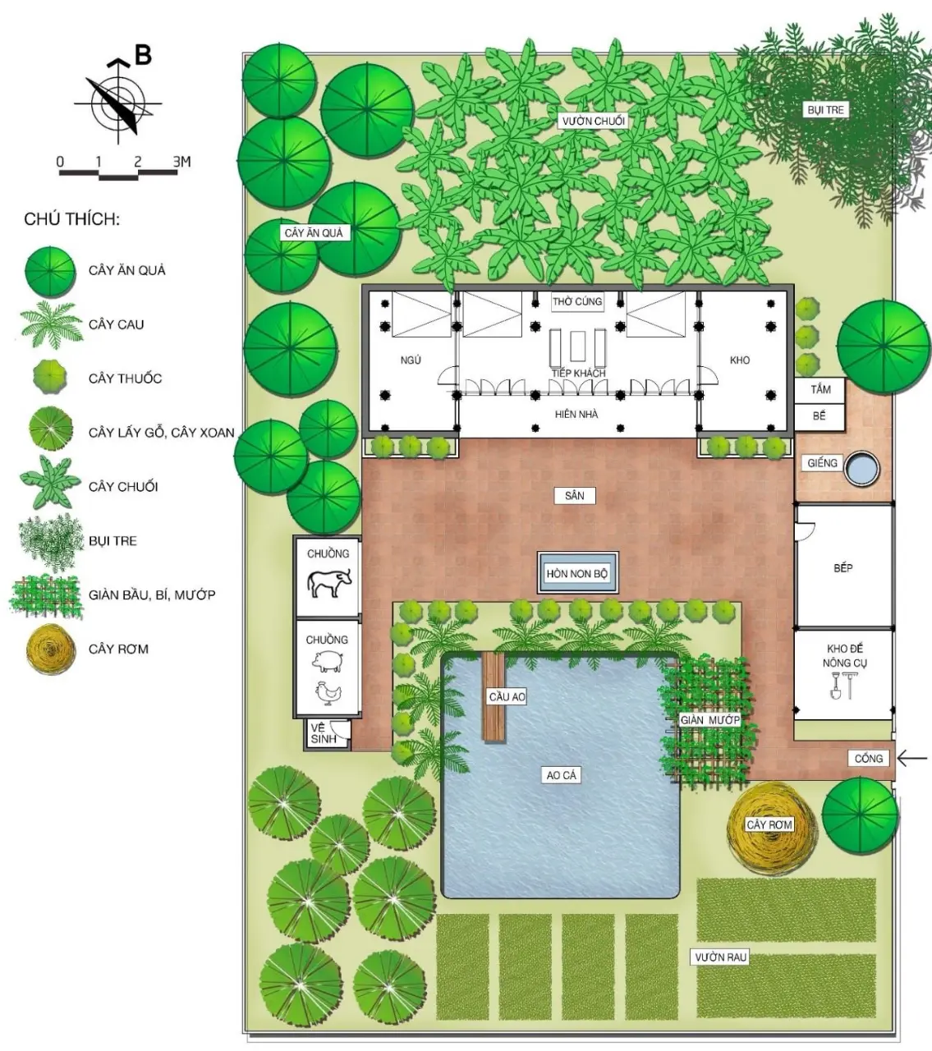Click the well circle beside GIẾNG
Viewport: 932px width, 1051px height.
(x=861, y=469)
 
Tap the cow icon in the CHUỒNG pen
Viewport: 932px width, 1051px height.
(x=329, y=582)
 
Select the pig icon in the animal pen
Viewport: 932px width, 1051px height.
(x=328, y=662)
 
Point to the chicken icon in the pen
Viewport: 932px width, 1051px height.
(x=328, y=693)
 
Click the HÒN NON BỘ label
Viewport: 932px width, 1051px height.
(x=576, y=574)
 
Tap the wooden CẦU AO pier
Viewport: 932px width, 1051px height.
(x=494, y=696)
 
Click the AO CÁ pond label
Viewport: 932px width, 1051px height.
(x=562, y=775)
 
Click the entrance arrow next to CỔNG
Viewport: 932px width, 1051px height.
(x=911, y=759)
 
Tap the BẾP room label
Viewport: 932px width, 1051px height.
(x=843, y=568)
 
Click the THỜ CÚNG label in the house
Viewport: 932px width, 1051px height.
(x=577, y=301)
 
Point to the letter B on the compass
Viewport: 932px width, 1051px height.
(x=143, y=55)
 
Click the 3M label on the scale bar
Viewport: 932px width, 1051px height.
(x=181, y=162)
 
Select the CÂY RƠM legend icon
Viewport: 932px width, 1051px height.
(x=50, y=649)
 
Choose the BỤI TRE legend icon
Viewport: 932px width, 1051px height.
(x=49, y=542)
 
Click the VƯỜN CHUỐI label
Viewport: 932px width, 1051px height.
(x=594, y=122)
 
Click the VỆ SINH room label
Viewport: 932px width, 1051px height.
(x=324, y=733)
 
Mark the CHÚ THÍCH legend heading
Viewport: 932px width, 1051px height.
(x=72, y=219)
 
